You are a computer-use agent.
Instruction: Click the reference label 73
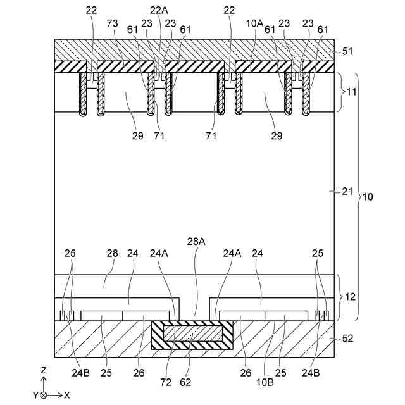[x=113, y=23]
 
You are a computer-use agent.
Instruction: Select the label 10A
[x=255, y=23]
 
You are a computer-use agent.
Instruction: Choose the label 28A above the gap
[x=196, y=242]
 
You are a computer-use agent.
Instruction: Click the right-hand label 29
[x=277, y=135]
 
